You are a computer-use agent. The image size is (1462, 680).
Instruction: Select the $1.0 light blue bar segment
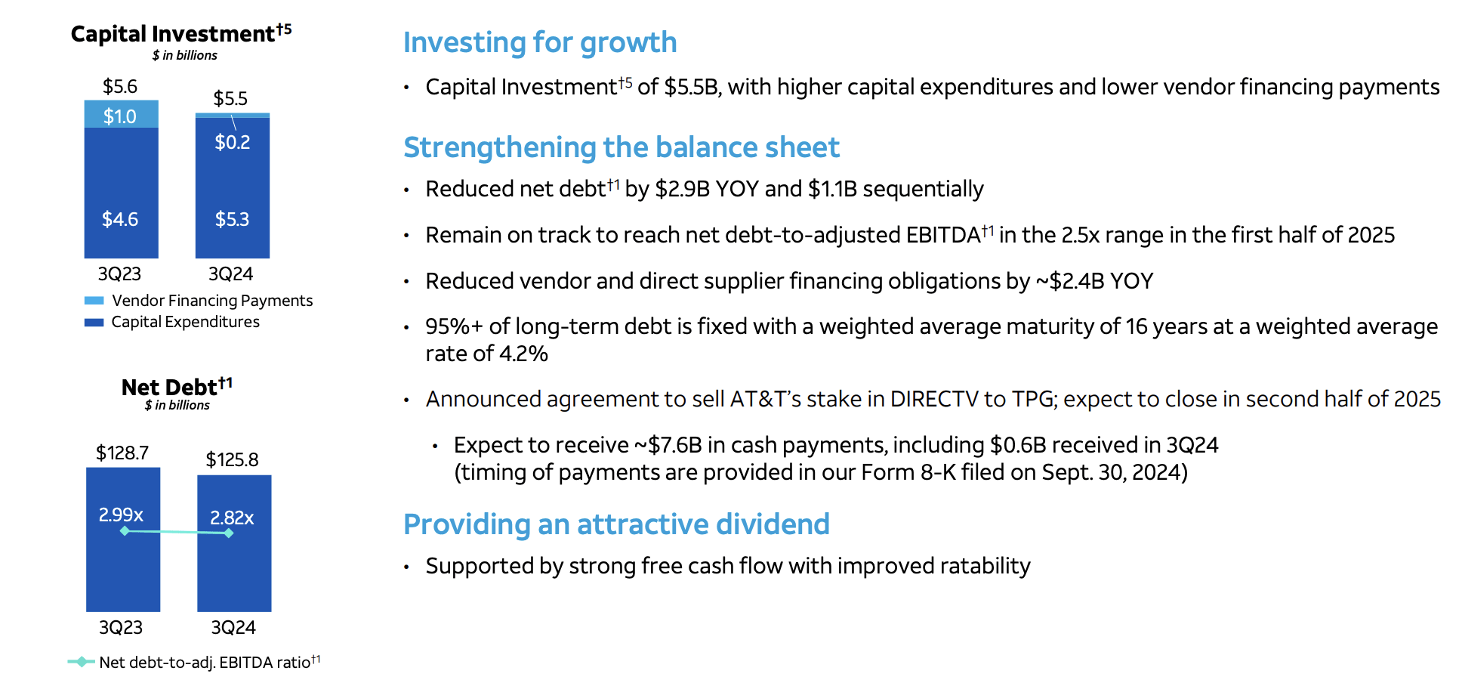(121, 114)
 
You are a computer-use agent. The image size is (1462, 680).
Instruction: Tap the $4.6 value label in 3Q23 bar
(120, 219)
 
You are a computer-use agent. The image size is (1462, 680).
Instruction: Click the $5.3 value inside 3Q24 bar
(232, 219)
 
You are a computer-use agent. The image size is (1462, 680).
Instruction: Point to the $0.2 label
(232, 142)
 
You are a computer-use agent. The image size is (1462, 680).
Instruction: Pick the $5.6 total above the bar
(120, 86)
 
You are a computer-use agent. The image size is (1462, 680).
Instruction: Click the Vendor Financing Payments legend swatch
(94, 301)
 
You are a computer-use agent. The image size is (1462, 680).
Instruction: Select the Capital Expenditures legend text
(185, 322)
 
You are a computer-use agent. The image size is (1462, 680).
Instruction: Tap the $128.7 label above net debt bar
(122, 453)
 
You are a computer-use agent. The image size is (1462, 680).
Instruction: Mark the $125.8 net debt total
(232, 459)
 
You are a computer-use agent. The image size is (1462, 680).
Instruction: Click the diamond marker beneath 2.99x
(125, 531)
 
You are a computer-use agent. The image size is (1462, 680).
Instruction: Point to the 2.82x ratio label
(232, 518)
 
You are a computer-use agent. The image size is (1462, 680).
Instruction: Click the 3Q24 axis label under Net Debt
(233, 627)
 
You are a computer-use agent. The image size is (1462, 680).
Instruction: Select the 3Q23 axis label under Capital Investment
(119, 274)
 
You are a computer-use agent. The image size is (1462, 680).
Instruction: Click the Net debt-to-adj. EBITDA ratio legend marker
(81, 662)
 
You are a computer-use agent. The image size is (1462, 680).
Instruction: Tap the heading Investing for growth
(540, 42)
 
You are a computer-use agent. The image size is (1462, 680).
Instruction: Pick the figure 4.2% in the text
(523, 354)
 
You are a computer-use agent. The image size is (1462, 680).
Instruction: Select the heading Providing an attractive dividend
(616, 524)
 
